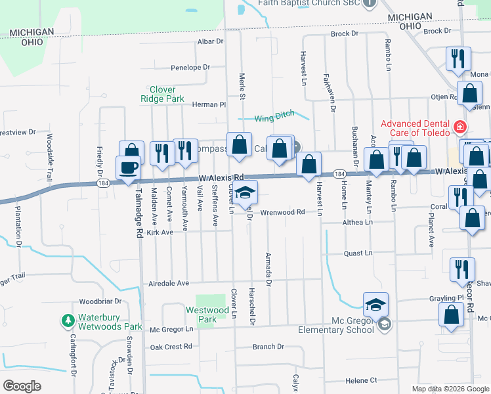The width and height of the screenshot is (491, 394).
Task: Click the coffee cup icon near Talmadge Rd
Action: (127, 167)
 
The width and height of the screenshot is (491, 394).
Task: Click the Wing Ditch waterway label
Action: (274, 117)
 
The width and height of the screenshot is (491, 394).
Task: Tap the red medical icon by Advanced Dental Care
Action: (460, 125)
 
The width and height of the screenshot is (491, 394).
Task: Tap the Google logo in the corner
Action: (22, 385)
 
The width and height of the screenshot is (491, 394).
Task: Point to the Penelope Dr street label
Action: (190, 67)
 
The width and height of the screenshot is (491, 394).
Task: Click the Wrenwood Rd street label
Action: (282, 212)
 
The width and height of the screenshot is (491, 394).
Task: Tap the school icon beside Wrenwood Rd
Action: (245, 193)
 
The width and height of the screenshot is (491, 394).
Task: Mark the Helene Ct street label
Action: (361, 380)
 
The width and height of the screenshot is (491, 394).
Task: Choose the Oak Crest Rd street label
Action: (171, 346)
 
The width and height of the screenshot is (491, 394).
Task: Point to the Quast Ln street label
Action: (358, 253)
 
